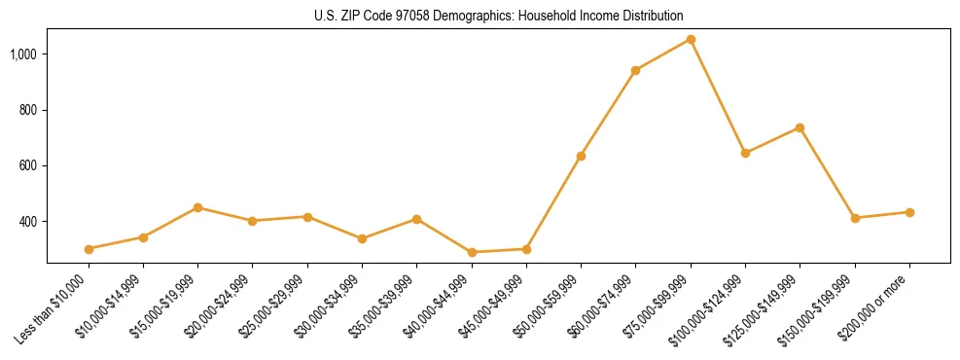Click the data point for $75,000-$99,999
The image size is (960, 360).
pyautogui.click(x=691, y=39)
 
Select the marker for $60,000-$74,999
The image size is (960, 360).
pyautogui.click(x=635, y=70)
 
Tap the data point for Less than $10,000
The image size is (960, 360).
pyautogui.click(x=89, y=249)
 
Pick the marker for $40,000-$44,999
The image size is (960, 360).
pyautogui.click(x=472, y=252)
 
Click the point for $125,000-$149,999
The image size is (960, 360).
pyautogui.click(x=800, y=127)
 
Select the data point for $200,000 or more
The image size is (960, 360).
pyautogui.click(x=909, y=212)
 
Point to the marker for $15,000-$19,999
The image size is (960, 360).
pyautogui.click(x=197, y=207)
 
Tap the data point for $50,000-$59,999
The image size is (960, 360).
pyautogui.click(x=581, y=156)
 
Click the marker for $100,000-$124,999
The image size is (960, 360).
pyautogui.click(x=745, y=153)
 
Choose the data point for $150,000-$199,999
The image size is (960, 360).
pyautogui.click(x=855, y=218)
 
